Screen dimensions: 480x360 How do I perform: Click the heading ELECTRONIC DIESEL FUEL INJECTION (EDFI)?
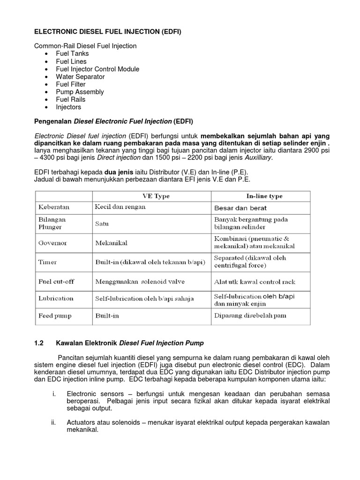pos(108,32)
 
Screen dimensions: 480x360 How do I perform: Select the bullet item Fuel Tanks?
pos(72,53)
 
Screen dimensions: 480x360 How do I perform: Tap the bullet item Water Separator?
pos(80,76)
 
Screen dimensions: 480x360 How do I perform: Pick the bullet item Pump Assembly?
pos(80,92)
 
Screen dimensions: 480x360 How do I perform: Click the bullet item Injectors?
pos(68,107)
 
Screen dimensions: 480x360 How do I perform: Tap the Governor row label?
pos(52,243)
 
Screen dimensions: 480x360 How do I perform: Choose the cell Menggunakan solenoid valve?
pos(140,282)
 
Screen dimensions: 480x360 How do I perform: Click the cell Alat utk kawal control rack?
pos(255,282)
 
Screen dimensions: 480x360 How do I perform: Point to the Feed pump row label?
pos(55,316)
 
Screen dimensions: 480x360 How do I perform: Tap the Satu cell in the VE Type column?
pos(102,224)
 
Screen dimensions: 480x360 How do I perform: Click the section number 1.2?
pos(39,343)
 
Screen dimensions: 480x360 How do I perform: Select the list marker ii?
pos(53,422)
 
